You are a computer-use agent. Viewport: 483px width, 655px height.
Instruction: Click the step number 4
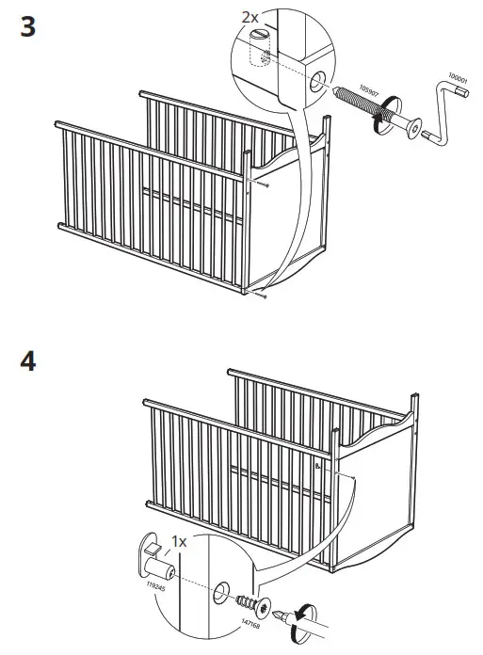click(x=28, y=362)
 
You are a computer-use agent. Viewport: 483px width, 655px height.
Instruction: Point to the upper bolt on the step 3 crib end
click(x=267, y=186)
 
